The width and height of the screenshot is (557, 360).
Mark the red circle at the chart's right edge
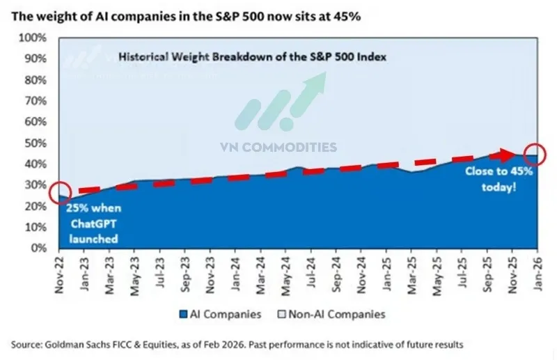click(x=535, y=155)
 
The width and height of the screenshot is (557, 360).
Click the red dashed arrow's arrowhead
click(x=514, y=153)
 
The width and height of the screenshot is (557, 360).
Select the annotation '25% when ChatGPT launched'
click(x=92, y=223)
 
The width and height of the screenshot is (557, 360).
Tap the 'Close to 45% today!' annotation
click(x=491, y=179)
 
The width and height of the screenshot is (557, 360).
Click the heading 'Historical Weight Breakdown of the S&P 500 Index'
click(x=251, y=57)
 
